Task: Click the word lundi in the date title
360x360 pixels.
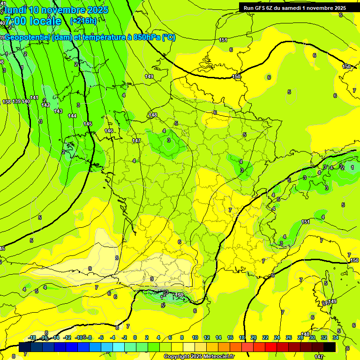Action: (15, 10)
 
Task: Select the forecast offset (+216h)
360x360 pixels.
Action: (83, 21)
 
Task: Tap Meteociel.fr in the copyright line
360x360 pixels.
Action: (218, 357)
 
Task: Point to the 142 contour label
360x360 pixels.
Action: (45, 105)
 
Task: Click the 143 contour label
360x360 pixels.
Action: (58, 111)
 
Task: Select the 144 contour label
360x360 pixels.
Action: (72, 115)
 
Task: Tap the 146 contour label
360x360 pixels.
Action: (109, 131)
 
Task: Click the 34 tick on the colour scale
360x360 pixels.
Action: (336, 337)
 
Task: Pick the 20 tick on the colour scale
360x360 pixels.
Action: (254, 337)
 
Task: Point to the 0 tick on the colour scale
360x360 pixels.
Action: (135, 337)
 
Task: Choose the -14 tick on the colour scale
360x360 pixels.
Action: (55, 337)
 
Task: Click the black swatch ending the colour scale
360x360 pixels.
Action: (330, 347)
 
